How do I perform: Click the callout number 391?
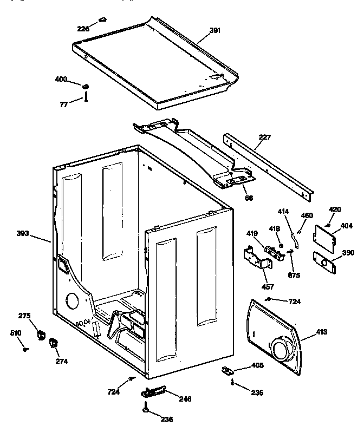(215, 30)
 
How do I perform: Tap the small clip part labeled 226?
(102, 22)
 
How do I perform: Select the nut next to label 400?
(86, 86)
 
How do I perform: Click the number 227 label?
(265, 137)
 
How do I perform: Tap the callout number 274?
(61, 361)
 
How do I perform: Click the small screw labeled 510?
(25, 350)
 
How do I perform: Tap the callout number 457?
(268, 286)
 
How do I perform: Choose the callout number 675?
(295, 274)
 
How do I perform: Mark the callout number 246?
(185, 399)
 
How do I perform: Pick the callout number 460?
(307, 215)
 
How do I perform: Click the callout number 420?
(335, 209)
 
